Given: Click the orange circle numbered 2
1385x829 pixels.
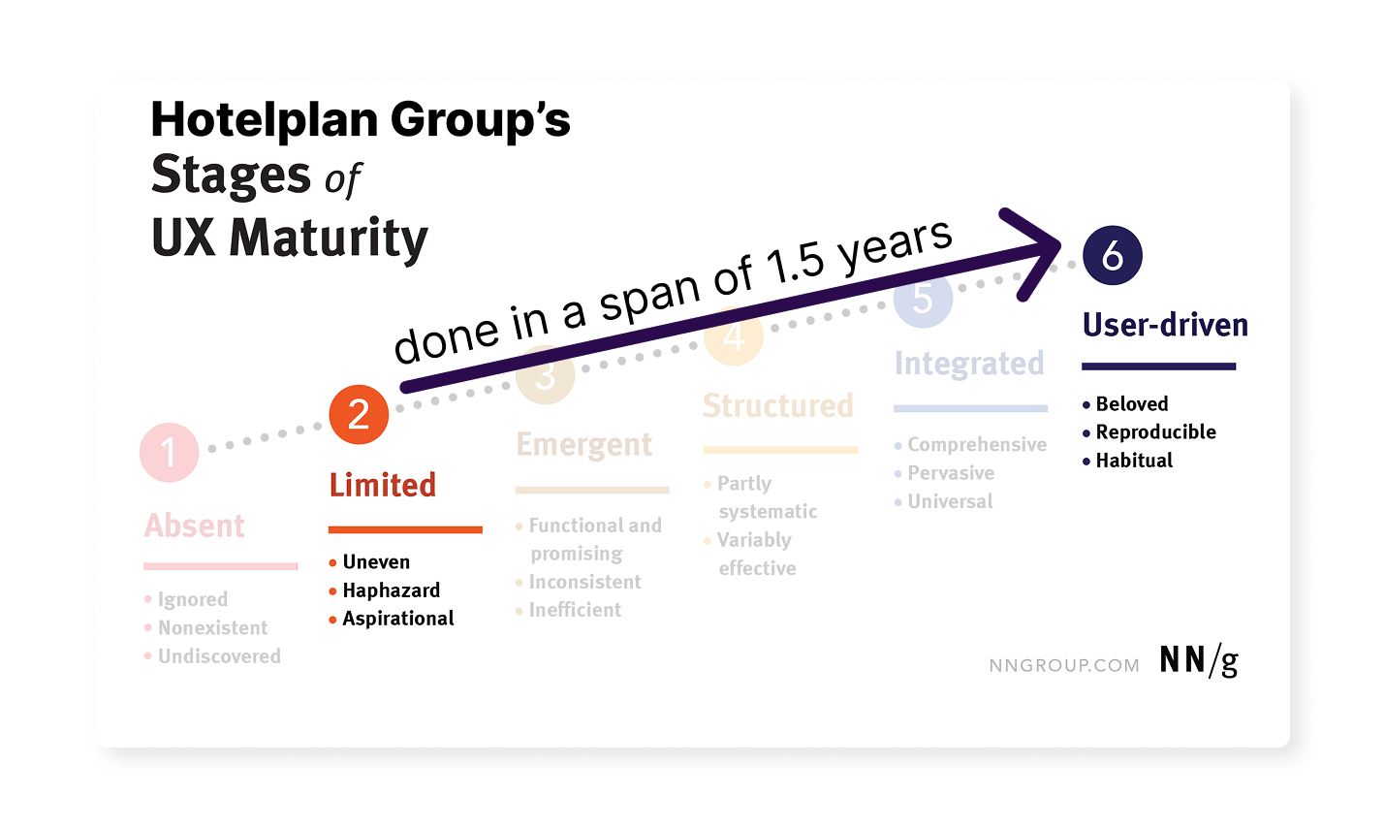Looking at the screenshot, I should [359, 415].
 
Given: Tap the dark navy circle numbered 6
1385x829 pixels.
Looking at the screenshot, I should [1112, 256].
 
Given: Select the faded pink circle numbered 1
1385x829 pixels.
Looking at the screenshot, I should [169, 453].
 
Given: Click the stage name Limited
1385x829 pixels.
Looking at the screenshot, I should [383, 485].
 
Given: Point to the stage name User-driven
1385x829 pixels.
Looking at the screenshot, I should [1165, 325].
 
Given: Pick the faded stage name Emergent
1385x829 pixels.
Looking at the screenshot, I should [583, 444].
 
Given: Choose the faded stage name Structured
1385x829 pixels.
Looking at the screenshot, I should [778, 405].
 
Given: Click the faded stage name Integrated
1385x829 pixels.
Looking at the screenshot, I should [969, 364].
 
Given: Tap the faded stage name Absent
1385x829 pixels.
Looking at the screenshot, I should [195, 526].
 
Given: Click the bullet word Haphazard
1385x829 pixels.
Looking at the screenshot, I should [391, 590].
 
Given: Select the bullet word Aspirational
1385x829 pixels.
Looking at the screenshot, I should [397, 619].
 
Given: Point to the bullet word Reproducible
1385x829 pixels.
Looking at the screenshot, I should [1155, 432].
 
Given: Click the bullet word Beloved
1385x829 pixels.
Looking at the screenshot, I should [1131, 404].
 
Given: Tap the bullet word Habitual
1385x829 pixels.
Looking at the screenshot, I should [1134, 461].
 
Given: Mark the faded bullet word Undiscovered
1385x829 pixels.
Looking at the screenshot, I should [219, 656].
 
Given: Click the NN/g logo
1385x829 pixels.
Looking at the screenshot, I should [1199, 661].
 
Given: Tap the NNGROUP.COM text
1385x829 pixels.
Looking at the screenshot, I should [1064, 665].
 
